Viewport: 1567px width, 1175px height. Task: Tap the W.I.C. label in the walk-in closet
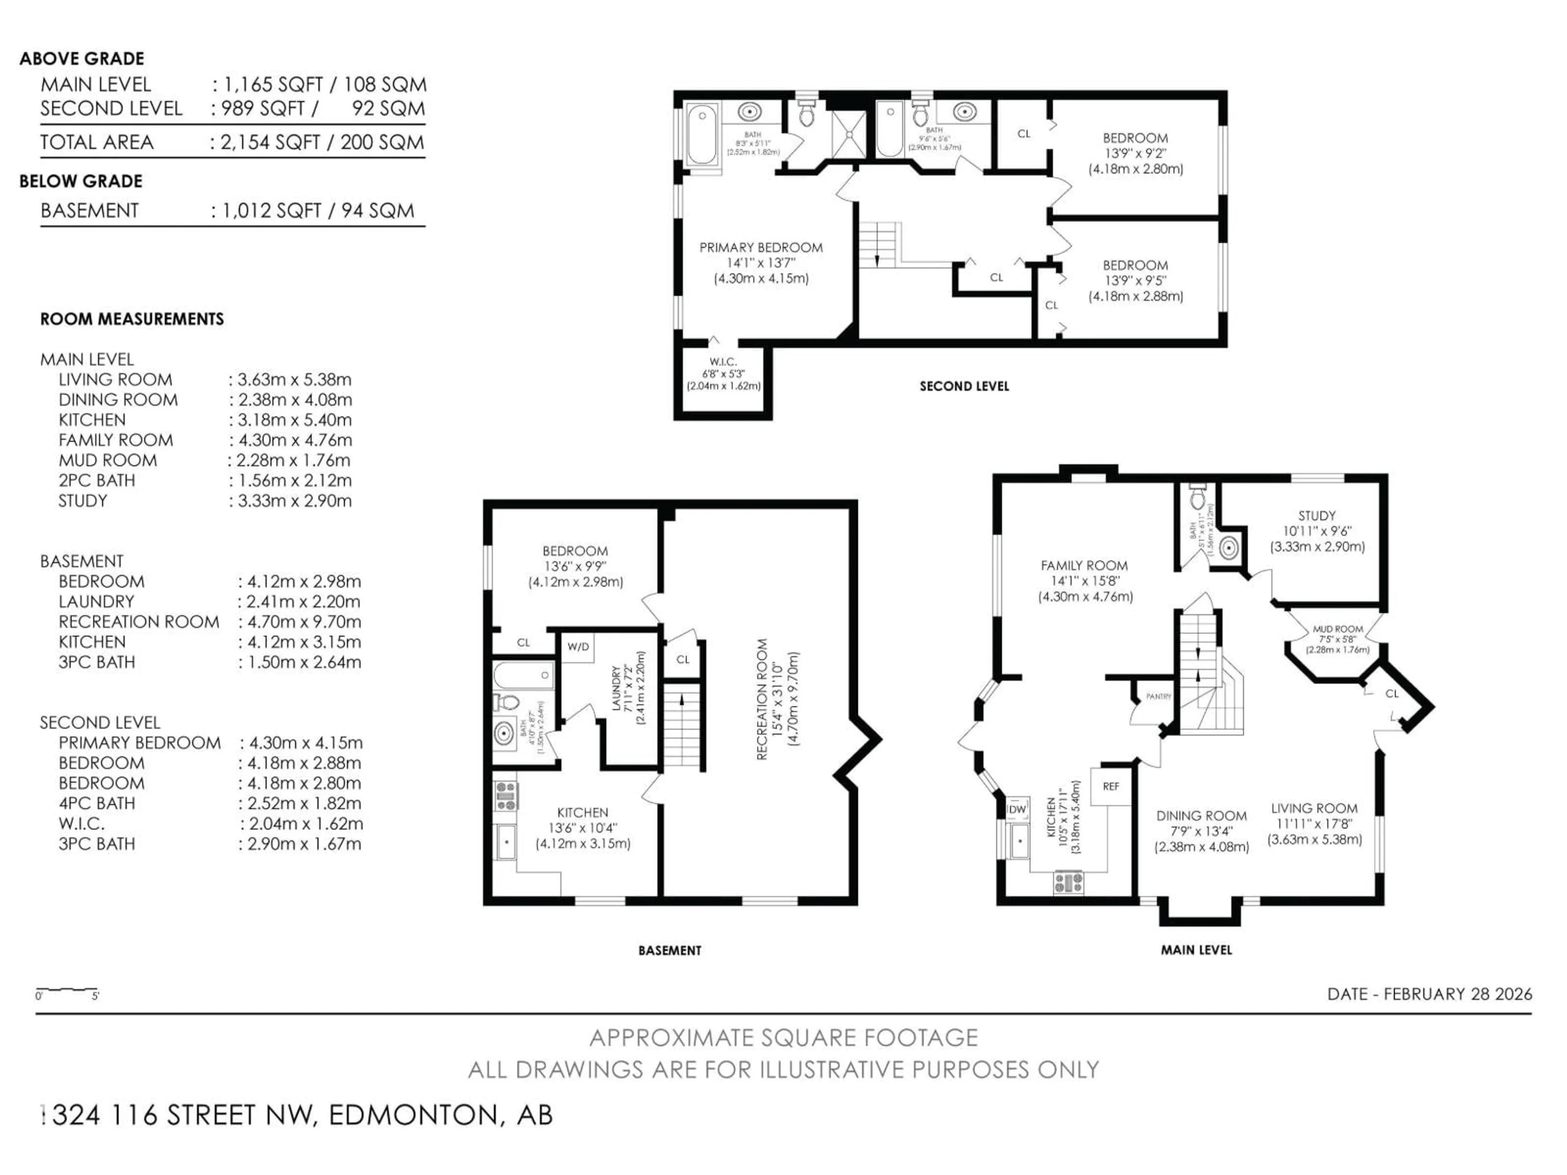(723, 362)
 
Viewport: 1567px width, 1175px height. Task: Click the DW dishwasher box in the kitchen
(1017, 809)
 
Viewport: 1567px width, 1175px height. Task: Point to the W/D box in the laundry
(578, 647)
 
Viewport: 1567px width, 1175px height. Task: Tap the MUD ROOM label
(1338, 629)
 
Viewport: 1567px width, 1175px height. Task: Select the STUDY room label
(1317, 517)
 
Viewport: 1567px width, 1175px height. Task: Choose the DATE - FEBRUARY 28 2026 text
(1429, 994)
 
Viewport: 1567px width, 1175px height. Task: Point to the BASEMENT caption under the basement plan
(670, 951)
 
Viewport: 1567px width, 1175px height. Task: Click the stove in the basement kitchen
(506, 796)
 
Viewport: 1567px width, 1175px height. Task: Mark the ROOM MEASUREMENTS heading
(132, 319)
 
